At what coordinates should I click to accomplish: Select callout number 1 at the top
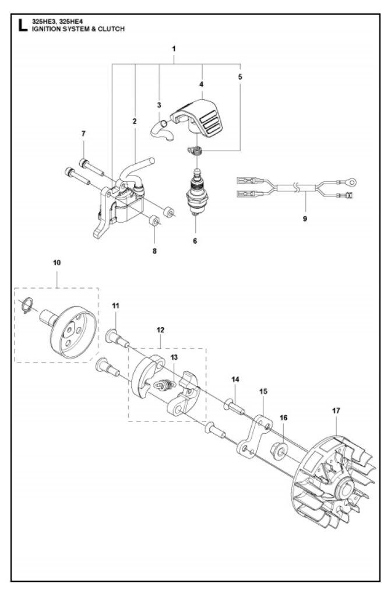tap(174, 50)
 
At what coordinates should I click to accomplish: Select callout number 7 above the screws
tap(84, 134)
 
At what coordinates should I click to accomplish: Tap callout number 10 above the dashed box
tap(57, 263)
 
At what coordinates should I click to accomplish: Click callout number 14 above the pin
tap(235, 379)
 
